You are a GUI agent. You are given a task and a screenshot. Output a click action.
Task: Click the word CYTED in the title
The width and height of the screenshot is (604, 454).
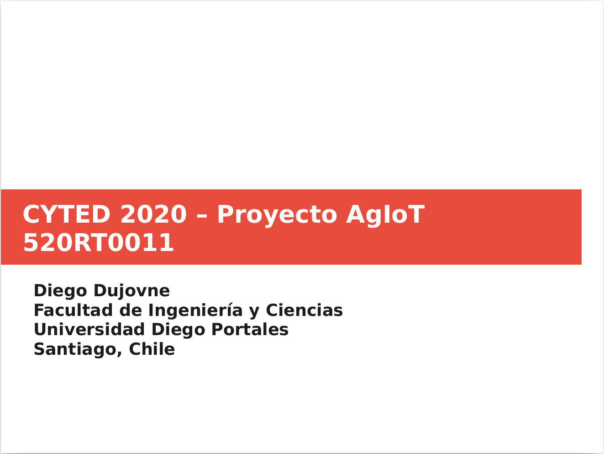pyautogui.click(x=67, y=214)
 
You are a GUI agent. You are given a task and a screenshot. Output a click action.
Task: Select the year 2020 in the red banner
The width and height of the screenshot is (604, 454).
pyautogui.click(x=153, y=214)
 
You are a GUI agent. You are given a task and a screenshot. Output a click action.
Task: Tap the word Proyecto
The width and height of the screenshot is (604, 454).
pyautogui.click(x=277, y=216)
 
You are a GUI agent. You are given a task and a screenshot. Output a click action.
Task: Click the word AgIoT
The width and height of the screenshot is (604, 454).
pyautogui.click(x=385, y=214)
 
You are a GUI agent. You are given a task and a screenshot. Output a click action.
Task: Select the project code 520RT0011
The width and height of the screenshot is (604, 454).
pyautogui.click(x=99, y=242)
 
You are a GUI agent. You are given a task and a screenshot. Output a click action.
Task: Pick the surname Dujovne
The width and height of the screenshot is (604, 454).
pyautogui.click(x=132, y=291)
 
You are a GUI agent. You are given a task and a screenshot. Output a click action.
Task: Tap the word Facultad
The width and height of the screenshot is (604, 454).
pyautogui.click(x=73, y=310)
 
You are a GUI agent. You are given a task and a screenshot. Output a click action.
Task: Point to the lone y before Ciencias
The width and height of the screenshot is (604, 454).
pyautogui.click(x=254, y=312)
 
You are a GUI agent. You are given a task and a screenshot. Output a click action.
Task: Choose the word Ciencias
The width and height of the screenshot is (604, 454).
pyautogui.click(x=305, y=310)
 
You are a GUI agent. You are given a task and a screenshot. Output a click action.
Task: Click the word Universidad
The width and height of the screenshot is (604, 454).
pyautogui.click(x=89, y=330)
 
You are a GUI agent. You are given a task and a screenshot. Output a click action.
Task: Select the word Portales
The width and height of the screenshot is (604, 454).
pyautogui.click(x=250, y=330)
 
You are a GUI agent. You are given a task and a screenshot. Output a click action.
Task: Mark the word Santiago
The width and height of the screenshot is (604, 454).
pyautogui.click(x=76, y=350)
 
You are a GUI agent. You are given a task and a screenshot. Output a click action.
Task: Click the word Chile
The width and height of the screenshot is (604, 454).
pyautogui.click(x=152, y=349)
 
